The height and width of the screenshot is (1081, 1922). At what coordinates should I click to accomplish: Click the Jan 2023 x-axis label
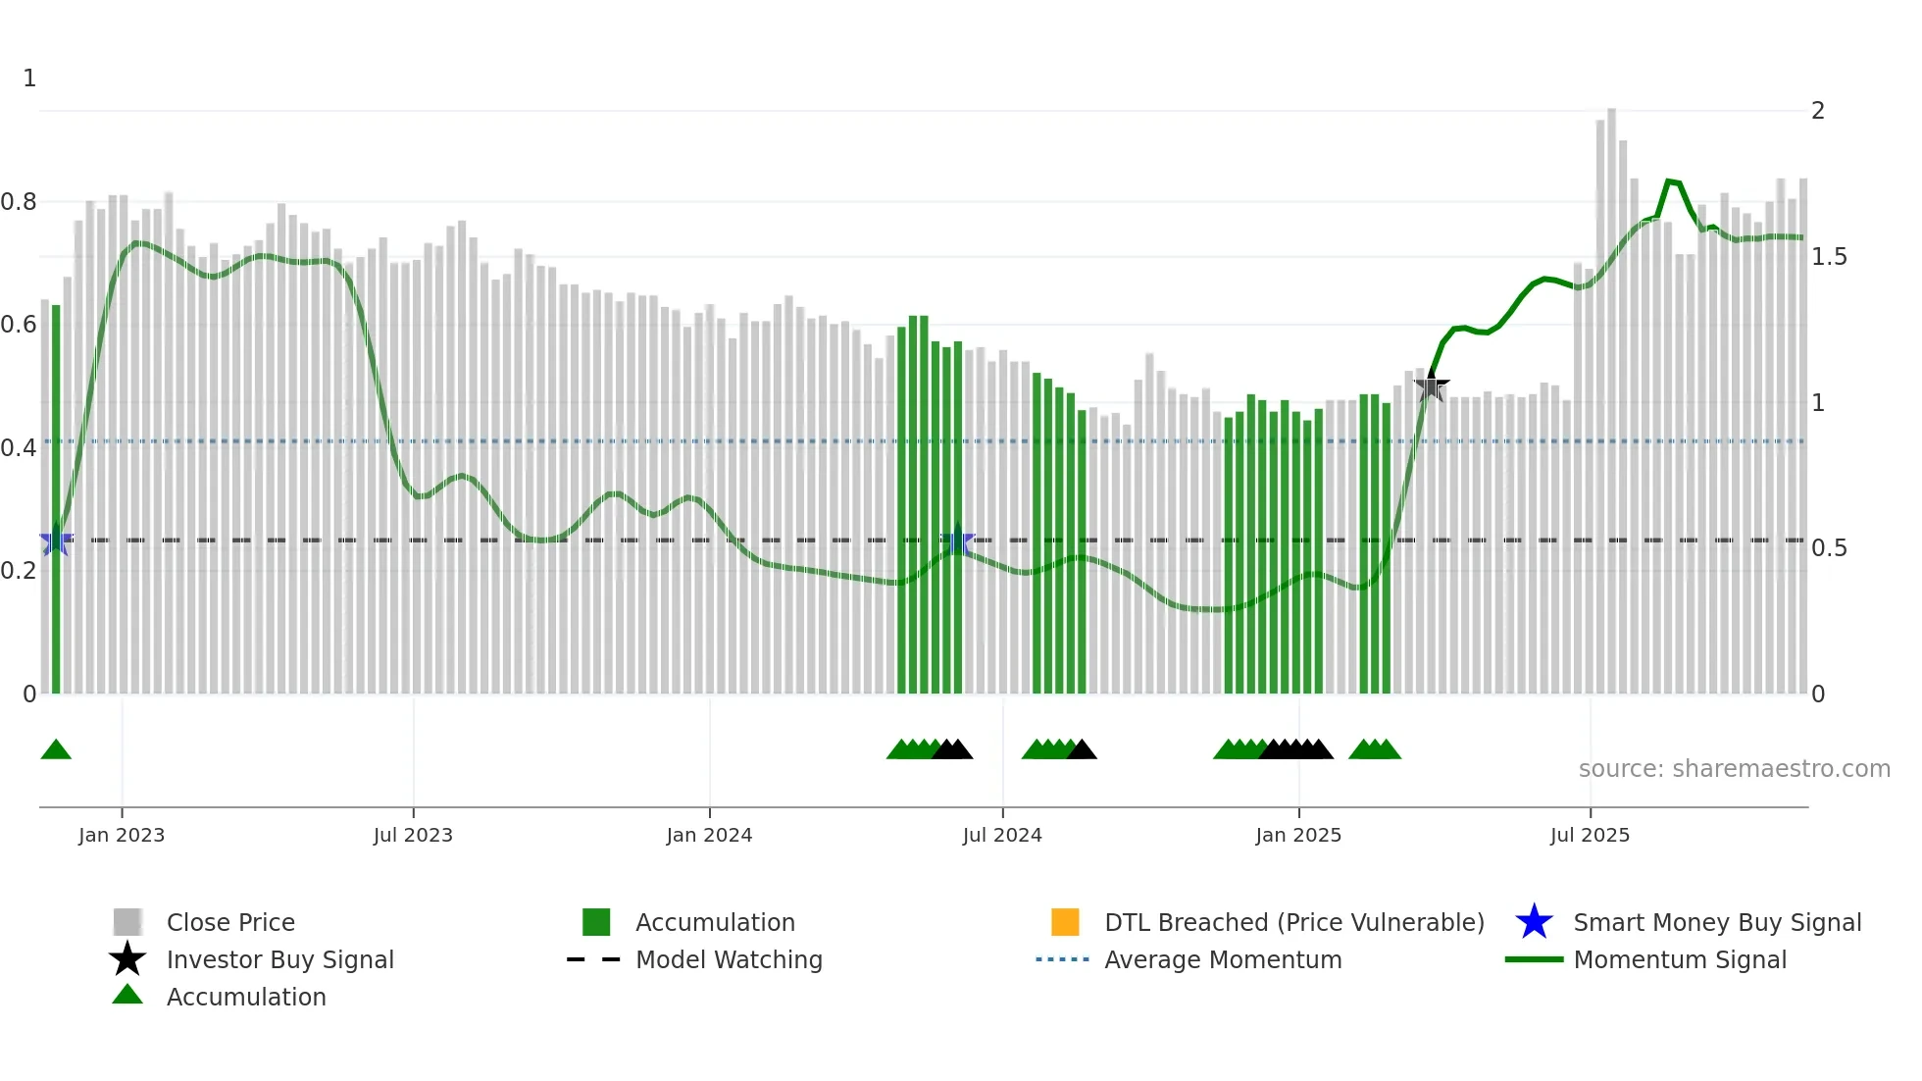coord(122,835)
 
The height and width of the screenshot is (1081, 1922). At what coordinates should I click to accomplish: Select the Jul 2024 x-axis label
coord(1002,835)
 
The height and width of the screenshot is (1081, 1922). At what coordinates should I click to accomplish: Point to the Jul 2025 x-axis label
coord(1590,835)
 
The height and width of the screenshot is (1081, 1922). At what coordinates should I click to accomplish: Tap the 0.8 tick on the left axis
coord(19,202)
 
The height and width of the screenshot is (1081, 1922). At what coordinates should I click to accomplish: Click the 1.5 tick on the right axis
coord(1829,257)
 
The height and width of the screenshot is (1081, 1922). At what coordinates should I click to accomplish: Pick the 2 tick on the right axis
coord(1818,111)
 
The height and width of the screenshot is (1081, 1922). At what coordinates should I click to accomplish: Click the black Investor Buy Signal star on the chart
coord(1432,386)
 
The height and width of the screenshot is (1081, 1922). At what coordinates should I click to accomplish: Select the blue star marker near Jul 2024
coord(958,541)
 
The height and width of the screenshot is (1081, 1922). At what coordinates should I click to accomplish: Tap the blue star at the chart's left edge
coord(56,541)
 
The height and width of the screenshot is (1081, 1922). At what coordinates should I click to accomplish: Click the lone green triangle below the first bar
coord(56,750)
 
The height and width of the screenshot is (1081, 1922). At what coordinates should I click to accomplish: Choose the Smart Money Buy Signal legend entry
coord(1716,922)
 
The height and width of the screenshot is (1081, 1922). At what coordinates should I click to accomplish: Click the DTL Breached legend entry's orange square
coord(1065,922)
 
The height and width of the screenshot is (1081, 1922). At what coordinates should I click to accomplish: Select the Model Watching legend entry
coord(728,959)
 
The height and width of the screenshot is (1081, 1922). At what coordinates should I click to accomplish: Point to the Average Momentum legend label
coord(1222,959)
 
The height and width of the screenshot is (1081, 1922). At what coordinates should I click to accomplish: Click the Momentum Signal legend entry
coord(1679,959)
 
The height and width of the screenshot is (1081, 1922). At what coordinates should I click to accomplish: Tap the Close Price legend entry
coord(229,922)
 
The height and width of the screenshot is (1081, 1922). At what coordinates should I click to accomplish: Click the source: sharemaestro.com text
coord(1734,769)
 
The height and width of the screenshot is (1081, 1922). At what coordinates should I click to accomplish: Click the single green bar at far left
coord(56,500)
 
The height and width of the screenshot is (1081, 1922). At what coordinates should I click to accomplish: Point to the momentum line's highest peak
coord(1669,181)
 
